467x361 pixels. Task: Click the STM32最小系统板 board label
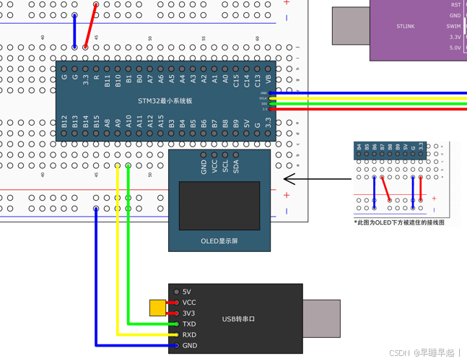[165, 101]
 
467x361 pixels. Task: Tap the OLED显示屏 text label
[219, 241]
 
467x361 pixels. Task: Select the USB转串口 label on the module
[238, 319]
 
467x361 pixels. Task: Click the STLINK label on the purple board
[406, 27]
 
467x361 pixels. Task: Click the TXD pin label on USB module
[189, 324]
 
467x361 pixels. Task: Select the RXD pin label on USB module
[189, 335]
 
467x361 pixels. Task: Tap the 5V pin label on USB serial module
[187, 292]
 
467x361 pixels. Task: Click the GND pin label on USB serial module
[189, 346]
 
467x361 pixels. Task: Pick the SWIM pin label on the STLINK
[453, 26]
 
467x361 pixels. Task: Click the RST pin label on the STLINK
[455, 5]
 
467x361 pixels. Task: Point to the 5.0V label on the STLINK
[455, 48]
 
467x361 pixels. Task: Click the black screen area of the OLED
[219, 206]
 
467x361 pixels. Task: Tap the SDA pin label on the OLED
[236, 167]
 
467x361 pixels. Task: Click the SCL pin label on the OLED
[225, 167]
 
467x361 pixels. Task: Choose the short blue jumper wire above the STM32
[74, 31]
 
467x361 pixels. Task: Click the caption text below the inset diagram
[399, 222]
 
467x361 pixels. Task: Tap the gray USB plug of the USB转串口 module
[321, 319]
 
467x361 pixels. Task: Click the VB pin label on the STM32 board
[269, 79]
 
